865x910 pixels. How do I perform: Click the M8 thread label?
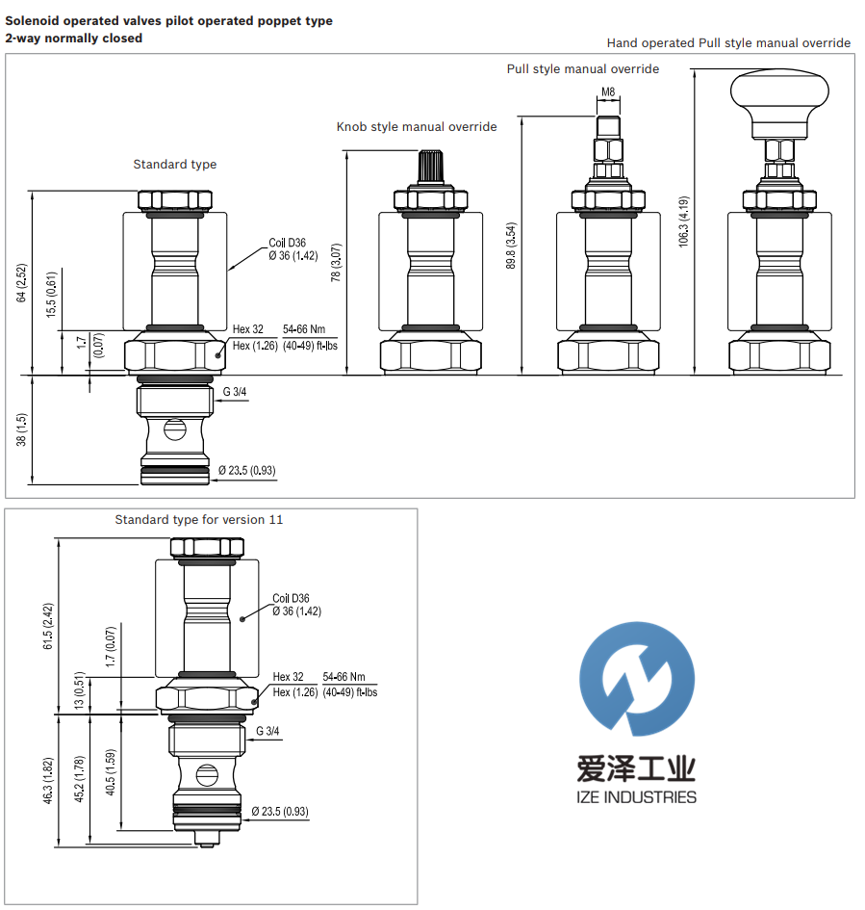tap(608, 92)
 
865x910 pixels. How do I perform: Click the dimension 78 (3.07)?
tap(336, 262)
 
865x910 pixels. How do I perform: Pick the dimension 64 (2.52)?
tap(22, 282)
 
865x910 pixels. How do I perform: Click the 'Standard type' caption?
tap(174, 165)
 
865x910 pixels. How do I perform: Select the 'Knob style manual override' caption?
tap(417, 126)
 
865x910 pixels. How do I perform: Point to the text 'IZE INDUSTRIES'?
tap(638, 797)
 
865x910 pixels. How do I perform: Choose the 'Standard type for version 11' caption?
tap(199, 520)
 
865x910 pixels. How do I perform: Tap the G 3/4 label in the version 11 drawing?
tap(267, 732)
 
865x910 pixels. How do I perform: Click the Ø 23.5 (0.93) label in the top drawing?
tap(247, 470)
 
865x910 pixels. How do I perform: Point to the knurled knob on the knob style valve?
tap(429, 167)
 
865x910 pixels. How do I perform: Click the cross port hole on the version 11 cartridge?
tap(206, 772)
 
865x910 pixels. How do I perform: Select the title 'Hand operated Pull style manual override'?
tap(728, 42)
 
